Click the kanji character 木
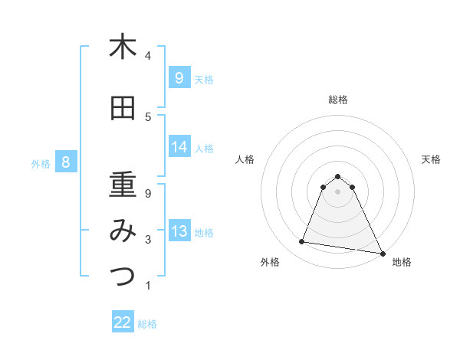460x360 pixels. (123, 47)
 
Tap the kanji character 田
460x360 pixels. (123, 109)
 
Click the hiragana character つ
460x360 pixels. (123, 277)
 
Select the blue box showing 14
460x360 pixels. (179, 147)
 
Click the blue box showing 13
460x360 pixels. (179, 231)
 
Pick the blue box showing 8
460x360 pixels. (66, 162)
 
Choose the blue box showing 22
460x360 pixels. (123, 322)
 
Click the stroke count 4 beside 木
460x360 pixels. (148, 56)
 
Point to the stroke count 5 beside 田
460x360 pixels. (148, 117)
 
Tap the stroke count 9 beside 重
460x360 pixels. (148, 194)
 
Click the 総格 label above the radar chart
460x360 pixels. (338, 100)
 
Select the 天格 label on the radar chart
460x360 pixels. (432, 159)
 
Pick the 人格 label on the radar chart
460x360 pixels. (245, 159)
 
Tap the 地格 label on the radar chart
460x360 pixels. (402, 262)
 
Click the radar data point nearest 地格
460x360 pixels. (381, 253)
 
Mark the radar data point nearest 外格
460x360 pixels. (302, 242)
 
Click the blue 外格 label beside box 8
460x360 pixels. (41, 163)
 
